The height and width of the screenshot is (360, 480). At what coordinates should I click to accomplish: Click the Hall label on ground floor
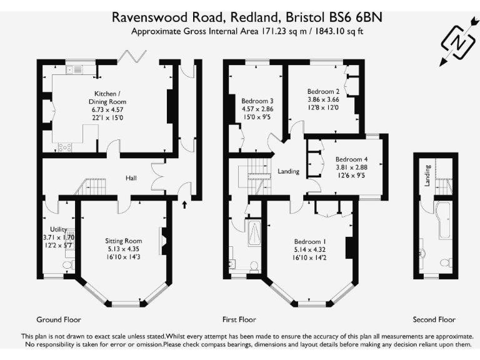[131, 178]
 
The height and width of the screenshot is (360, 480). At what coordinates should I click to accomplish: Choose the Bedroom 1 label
[310, 241]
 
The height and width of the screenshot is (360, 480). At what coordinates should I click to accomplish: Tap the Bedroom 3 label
[257, 101]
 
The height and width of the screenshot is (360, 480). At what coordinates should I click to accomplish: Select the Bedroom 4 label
[351, 159]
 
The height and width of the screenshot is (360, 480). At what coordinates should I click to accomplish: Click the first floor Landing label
[288, 171]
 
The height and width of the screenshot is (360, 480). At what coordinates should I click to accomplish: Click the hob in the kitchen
[65, 147]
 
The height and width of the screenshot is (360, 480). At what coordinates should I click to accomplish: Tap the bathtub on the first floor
[255, 233]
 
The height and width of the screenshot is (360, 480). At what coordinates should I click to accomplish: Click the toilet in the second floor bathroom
[446, 262]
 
